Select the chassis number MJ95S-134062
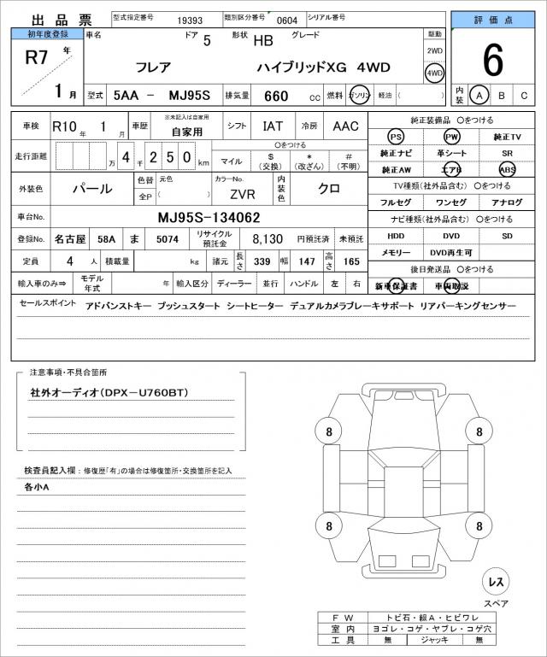(209, 218)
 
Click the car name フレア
(154, 66)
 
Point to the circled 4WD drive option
(435, 73)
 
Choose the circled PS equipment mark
(396, 137)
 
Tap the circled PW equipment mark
(451, 137)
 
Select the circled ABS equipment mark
(507, 169)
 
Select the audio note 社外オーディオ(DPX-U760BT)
(108, 392)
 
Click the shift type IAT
(273, 126)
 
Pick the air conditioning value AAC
(344, 126)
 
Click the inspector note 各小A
(36, 487)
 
